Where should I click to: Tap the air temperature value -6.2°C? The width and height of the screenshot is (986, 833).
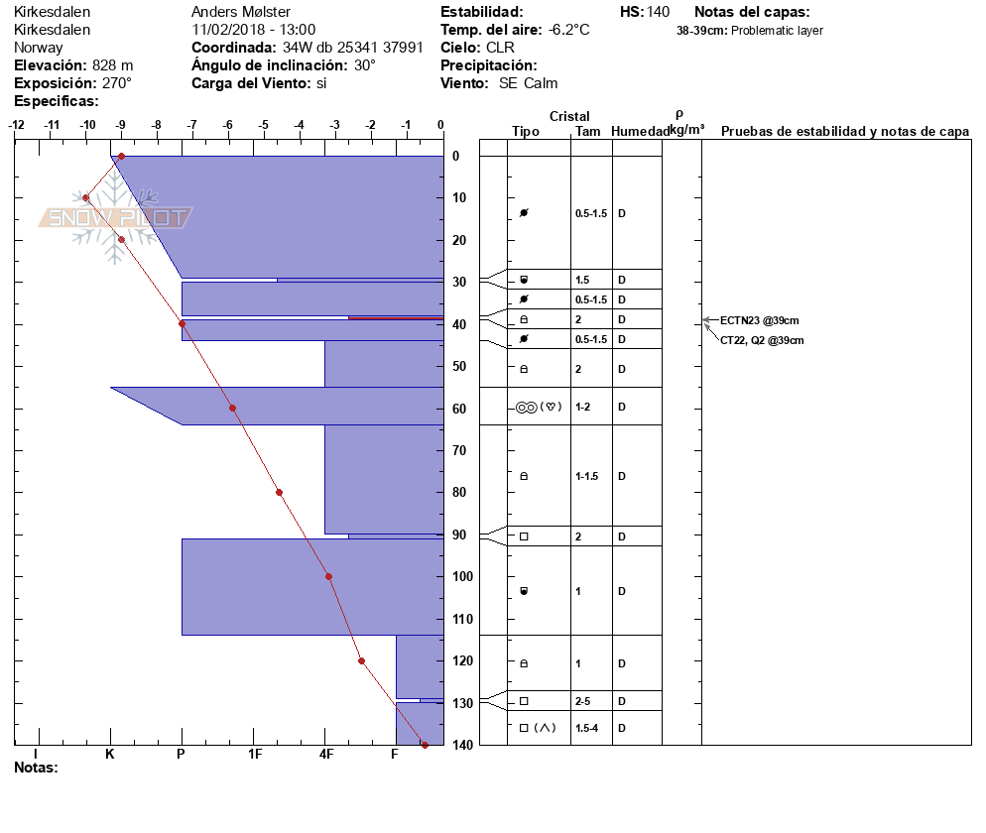[568, 30]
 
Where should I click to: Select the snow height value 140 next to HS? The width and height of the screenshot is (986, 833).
[658, 12]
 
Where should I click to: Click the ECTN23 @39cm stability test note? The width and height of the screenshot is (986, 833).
[759, 320]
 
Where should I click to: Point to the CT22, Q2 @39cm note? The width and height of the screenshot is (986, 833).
[762, 340]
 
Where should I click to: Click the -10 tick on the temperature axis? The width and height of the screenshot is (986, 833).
[87, 125]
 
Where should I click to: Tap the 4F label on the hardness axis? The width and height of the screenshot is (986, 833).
[325, 755]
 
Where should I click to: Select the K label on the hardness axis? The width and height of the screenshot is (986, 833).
[110, 755]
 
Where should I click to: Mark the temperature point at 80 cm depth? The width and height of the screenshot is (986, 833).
[280, 492]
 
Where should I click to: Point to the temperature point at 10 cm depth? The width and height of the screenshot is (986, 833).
[86, 198]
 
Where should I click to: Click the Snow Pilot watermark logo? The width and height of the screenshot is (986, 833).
[116, 219]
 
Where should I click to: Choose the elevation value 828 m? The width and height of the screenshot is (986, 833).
[112, 65]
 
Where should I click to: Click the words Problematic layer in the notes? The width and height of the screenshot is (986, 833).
[777, 31]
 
